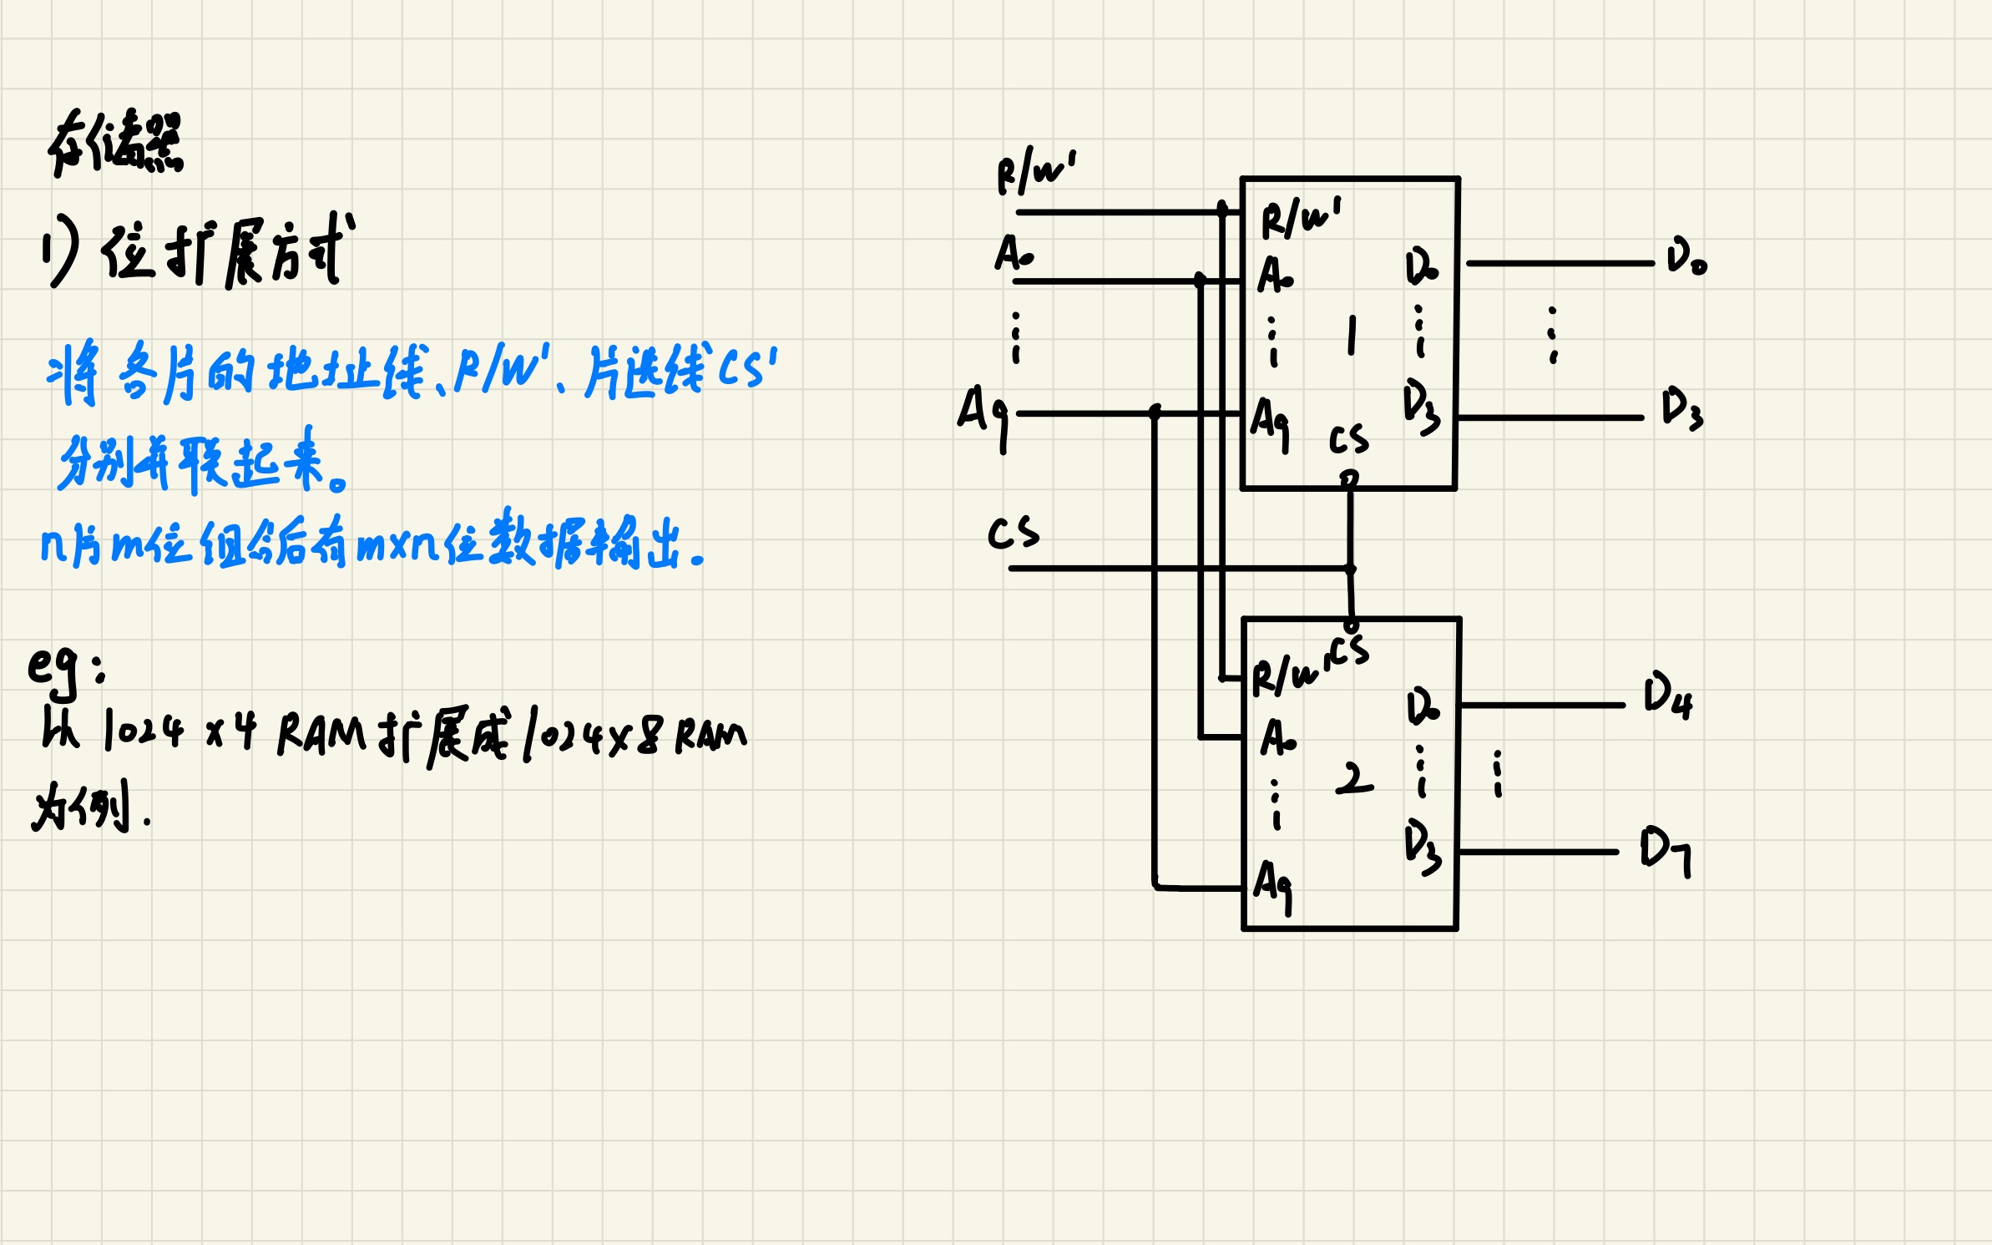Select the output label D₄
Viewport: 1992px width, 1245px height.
pyautogui.click(x=1667, y=696)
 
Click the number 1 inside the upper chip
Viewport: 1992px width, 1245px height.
pyautogui.click(x=1352, y=336)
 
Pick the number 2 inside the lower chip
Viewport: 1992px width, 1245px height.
pyautogui.click(x=1353, y=778)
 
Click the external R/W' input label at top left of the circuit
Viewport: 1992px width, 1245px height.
pyautogui.click(x=1036, y=171)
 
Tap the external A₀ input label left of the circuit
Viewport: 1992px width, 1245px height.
pyautogui.click(x=1014, y=252)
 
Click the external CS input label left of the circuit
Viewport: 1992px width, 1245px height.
pyautogui.click(x=1014, y=533)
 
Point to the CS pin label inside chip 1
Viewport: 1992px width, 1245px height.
pyautogui.click(x=1348, y=439)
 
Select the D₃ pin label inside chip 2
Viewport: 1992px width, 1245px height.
pyautogui.click(x=1422, y=845)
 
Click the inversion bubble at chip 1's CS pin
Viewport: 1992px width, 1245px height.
pyautogui.click(x=1349, y=478)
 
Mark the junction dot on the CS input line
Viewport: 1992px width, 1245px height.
pyautogui.click(x=1350, y=569)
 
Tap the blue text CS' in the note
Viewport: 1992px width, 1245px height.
pyautogui.click(x=747, y=368)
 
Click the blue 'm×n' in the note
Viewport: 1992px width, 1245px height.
pyautogui.click(x=398, y=546)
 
